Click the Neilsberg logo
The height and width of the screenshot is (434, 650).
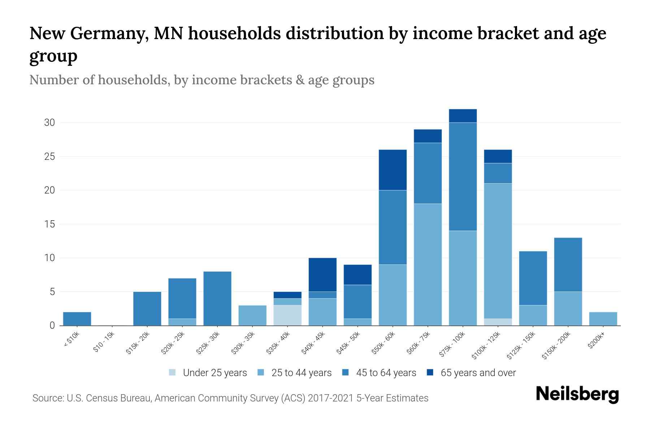pos(577,394)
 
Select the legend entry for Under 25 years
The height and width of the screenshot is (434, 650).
pos(208,373)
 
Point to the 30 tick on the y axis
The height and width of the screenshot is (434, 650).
pos(49,123)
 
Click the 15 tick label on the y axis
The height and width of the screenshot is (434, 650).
pos(49,224)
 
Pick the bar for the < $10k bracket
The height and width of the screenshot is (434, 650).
pos(77,319)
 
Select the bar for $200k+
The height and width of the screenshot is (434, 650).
pos(603,319)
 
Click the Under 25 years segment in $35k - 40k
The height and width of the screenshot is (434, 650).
pos(287,315)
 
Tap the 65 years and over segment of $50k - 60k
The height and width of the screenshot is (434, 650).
pos(393,170)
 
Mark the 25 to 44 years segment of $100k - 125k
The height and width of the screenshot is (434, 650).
pos(498,251)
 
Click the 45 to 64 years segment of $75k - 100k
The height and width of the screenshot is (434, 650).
pos(463,176)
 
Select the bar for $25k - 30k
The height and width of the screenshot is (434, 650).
pos(217,298)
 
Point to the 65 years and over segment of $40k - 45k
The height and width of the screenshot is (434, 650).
pos(322,275)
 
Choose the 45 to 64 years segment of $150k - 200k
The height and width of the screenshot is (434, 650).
pos(568,264)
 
